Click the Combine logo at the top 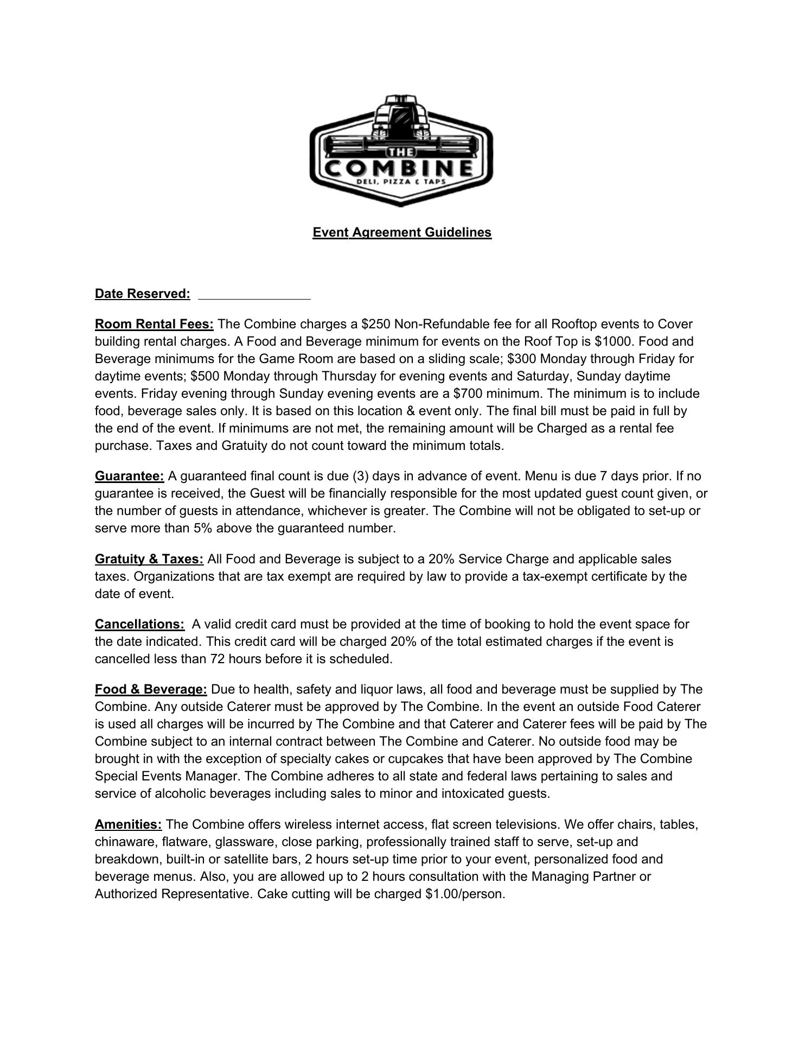(401, 151)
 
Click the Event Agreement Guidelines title (402, 232)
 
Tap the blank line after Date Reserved (254, 295)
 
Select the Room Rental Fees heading (154, 324)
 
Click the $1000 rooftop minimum (615, 341)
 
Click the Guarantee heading (129, 476)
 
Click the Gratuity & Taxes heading (149, 559)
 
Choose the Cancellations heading (139, 624)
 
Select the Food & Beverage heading (151, 689)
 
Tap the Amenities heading (128, 824)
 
